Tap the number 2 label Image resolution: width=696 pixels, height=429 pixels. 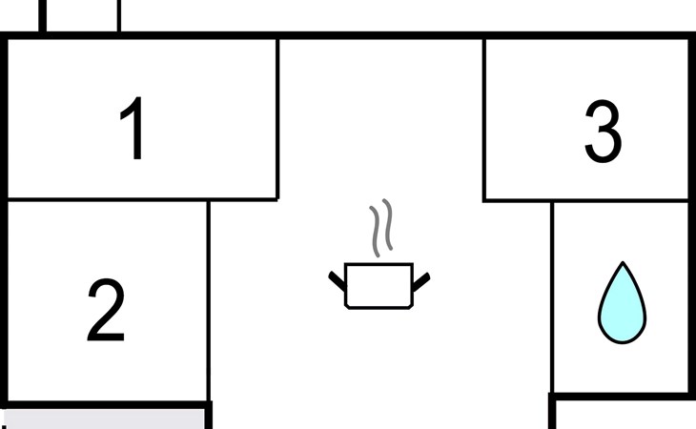click(x=106, y=311)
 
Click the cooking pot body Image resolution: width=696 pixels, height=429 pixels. click(x=379, y=285)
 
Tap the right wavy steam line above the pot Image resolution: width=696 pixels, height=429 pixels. click(x=386, y=226)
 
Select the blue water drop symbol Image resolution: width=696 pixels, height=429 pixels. click(x=622, y=306)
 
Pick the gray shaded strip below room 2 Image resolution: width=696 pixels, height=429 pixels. click(x=105, y=419)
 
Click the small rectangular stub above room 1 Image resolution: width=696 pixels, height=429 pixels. click(x=81, y=15)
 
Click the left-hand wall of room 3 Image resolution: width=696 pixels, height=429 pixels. click(x=484, y=119)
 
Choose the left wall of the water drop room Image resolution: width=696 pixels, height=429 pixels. click(x=553, y=296)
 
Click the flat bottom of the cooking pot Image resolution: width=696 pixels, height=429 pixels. click(x=379, y=307)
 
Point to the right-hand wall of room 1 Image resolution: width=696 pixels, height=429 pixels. click(x=277, y=119)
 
